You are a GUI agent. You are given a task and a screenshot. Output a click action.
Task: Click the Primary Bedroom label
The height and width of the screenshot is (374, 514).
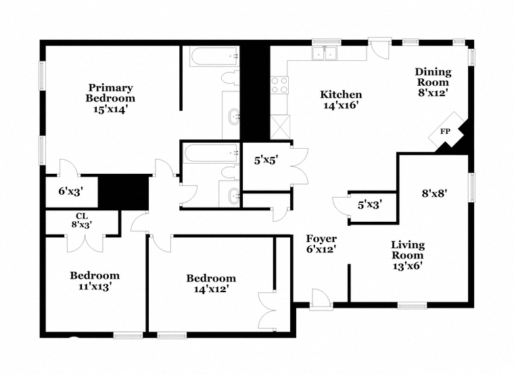click(x=110, y=93)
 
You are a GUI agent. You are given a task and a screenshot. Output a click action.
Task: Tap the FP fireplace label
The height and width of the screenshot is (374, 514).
click(x=445, y=131)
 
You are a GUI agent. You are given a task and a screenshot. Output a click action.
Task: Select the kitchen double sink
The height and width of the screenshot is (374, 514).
click(x=325, y=53)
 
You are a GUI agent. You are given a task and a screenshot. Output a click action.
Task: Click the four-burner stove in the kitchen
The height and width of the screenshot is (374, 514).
click(x=279, y=85)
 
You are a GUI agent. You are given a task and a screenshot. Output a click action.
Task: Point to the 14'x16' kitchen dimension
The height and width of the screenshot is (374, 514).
click(x=341, y=106)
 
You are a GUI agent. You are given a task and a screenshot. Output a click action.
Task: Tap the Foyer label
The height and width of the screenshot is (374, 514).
click(x=321, y=239)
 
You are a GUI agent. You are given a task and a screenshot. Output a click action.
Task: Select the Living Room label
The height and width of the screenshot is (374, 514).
click(x=408, y=250)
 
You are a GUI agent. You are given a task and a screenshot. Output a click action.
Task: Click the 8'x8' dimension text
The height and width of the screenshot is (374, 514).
click(x=434, y=193)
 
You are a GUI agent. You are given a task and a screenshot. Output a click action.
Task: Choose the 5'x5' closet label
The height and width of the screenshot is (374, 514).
click(x=266, y=160)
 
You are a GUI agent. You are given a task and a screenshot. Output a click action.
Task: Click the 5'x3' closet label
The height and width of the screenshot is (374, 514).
click(x=370, y=205)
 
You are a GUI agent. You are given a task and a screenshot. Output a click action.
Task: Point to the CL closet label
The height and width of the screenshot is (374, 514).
click(x=82, y=216)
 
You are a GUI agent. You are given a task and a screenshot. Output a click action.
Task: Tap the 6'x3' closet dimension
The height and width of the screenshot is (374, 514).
click(x=71, y=191)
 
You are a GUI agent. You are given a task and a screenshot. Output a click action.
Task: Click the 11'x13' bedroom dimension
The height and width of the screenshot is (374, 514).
click(x=95, y=287)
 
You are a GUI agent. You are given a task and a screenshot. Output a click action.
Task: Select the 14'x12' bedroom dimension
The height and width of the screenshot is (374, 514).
click(x=211, y=289)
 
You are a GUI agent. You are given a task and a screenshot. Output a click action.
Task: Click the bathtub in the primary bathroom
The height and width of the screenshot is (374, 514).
click(x=214, y=57)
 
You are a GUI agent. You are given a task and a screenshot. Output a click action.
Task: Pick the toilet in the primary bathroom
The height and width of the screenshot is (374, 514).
click(x=231, y=78)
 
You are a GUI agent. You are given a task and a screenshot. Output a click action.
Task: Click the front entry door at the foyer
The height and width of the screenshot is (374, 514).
click(x=321, y=299)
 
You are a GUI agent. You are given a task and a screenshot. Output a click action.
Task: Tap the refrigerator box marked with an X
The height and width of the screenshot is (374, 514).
click(x=280, y=127)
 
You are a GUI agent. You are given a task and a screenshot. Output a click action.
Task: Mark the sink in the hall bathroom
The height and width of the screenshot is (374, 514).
click(x=234, y=196)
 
